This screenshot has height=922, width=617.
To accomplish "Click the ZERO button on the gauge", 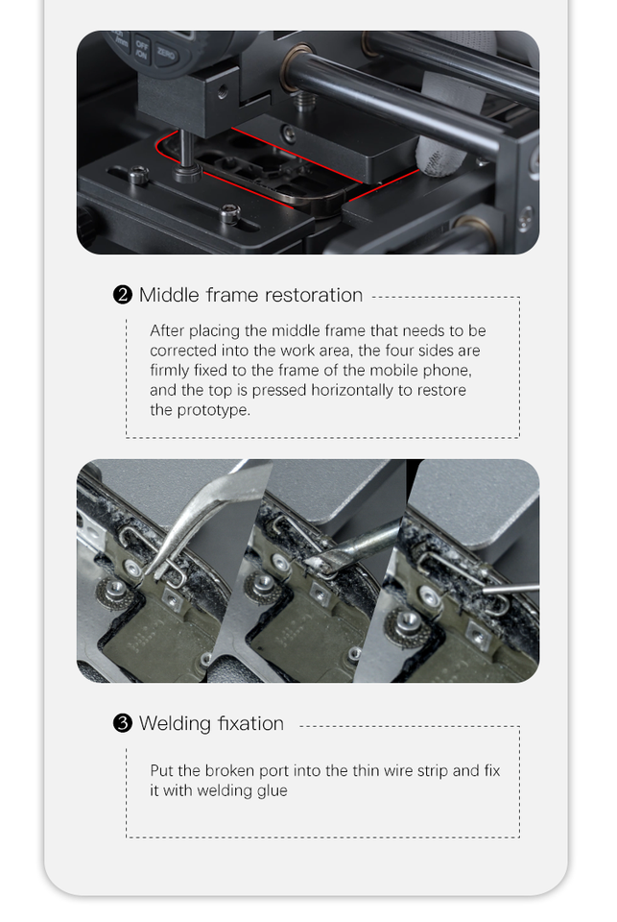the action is pyautogui.click(x=166, y=55).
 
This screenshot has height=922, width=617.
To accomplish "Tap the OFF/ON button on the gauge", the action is pyautogui.click(x=142, y=49).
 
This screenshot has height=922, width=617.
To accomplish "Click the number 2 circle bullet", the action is pyautogui.click(x=122, y=295).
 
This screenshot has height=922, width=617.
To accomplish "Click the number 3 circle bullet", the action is pyautogui.click(x=122, y=722).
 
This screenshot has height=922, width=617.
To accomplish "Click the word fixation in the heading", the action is pyautogui.click(x=250, y=722).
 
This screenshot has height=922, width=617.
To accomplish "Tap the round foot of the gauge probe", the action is pyautogui.click(x=187, y=173).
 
